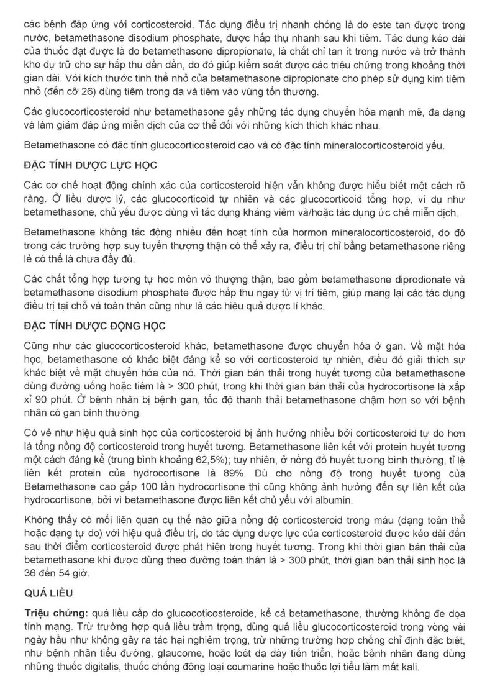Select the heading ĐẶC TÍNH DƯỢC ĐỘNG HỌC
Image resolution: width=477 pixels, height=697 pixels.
coord(94,326)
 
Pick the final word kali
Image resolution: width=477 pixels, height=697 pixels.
coord(409,669)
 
